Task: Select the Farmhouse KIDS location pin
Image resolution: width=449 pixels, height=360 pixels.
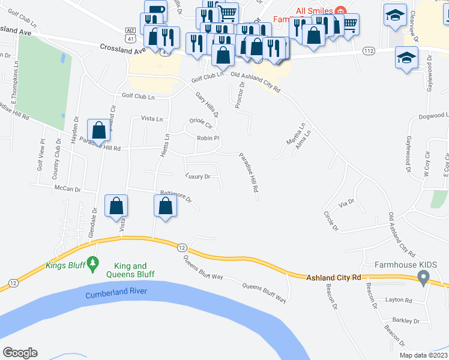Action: pos(423,278)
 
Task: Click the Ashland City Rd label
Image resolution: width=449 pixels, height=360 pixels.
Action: pos(333,277)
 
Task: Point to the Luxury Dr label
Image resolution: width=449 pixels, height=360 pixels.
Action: pos(197,176)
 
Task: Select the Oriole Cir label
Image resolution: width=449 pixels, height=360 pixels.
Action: pos(201,123)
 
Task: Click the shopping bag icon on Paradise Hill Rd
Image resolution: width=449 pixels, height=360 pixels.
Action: pos(98,130)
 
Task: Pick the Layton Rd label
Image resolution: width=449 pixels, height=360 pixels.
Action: pos(398,300)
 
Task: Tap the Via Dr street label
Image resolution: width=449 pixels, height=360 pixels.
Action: pos(346,205)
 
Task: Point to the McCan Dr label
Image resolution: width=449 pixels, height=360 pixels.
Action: pos(67,189)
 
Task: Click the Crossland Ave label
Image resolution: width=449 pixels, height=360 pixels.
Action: pos(123,49)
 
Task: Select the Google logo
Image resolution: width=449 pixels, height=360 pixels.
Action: pos(20,353)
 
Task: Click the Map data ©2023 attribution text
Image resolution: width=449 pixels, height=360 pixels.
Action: pos(423,355)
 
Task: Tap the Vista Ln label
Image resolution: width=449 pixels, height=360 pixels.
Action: pos(151,119)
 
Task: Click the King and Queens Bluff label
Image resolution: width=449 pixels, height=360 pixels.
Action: pos(130,270)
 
